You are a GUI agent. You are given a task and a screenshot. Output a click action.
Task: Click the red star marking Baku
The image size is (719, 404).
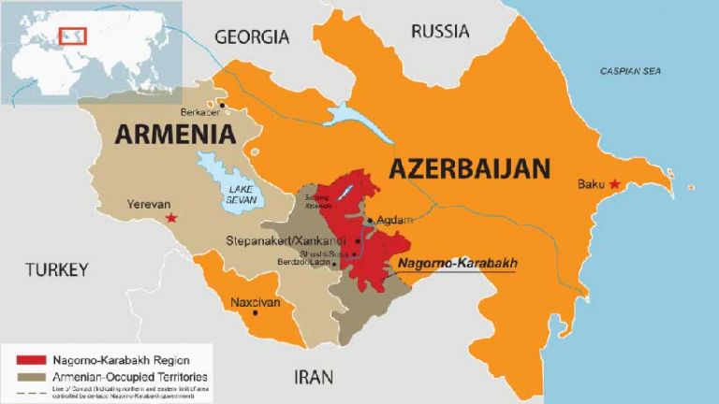[x=614, y=185]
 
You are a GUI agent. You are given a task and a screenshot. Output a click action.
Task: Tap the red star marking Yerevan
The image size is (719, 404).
[x=170, y=218]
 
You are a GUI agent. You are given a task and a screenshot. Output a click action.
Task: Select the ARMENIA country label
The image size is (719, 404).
[x=174, y=134]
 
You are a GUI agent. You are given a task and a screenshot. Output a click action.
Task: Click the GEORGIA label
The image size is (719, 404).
[x=252, y=37]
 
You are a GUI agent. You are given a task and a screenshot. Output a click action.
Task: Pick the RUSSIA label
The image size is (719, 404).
[x=440, y=31]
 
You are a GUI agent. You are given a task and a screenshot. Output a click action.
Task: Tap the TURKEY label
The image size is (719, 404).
[x=56, y=269]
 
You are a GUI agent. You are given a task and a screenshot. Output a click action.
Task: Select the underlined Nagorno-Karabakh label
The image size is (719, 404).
[x=457, y=264]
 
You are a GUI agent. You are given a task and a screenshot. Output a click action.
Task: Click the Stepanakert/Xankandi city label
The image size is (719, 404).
[x=279, y=241]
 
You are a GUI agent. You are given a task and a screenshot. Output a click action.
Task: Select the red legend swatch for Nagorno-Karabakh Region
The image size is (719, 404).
[x=33, y=358]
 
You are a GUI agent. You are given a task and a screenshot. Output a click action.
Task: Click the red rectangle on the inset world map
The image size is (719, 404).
[x=72, y=36]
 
